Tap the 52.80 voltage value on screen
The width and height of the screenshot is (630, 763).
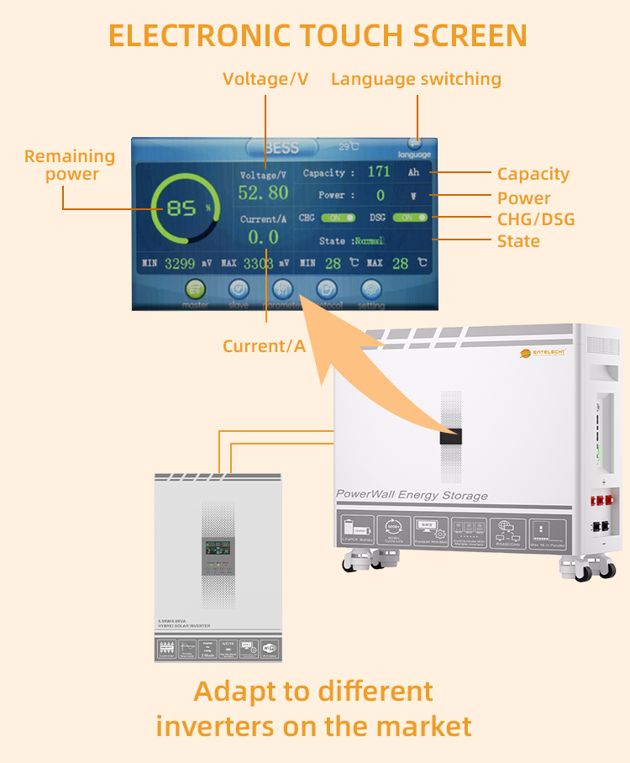tap(263, 193)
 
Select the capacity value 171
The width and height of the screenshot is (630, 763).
tap(379, 172)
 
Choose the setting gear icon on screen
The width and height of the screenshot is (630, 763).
tap(371, 289)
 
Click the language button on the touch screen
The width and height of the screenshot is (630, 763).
tap(414, 147)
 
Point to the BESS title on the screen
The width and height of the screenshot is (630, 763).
tap(281, 148)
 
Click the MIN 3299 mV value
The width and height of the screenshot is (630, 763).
tap(179, 264)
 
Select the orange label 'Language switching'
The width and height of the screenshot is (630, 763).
tap(416, 79)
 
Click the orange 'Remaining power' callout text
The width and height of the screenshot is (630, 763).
tap(70, 165)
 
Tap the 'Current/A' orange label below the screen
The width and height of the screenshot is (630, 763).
tap(264, 345)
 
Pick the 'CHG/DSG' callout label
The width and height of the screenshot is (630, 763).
tap(536, 219)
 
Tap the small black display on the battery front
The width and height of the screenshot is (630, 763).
tap(451, 437)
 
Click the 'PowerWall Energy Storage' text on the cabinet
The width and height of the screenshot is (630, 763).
tap(412, 495)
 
